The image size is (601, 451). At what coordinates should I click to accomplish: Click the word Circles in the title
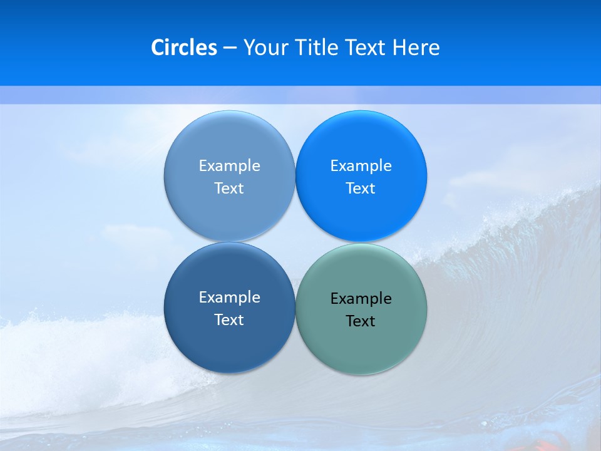pos(184,48)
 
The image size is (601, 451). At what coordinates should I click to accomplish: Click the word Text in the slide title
pos(367,48)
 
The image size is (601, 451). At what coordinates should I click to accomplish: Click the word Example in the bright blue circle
pos(361,166)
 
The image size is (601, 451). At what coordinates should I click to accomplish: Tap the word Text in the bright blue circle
pos(361,189)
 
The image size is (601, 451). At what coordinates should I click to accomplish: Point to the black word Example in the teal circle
pos(361,299)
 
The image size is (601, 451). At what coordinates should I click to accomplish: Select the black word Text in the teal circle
pos(361,321)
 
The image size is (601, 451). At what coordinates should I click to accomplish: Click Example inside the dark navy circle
pos(229,298)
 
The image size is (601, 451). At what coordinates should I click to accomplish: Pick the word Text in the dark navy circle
pos(229,320)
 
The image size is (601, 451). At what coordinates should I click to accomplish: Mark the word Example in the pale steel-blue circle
pos(229,166)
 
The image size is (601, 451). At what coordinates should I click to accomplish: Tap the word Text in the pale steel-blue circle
pos(229,189)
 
